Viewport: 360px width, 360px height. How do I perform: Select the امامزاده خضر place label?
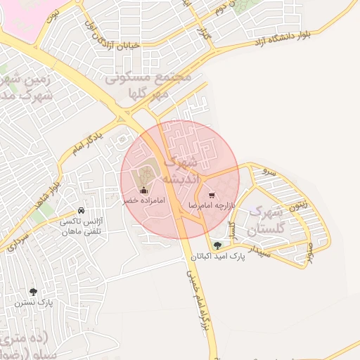145,201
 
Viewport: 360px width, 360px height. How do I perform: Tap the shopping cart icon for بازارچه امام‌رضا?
212,195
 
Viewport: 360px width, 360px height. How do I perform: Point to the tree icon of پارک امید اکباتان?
217,245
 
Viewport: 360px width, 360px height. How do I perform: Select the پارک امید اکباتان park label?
217,257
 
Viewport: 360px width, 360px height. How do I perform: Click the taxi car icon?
82,211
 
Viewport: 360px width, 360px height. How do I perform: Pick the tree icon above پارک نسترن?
33,291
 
